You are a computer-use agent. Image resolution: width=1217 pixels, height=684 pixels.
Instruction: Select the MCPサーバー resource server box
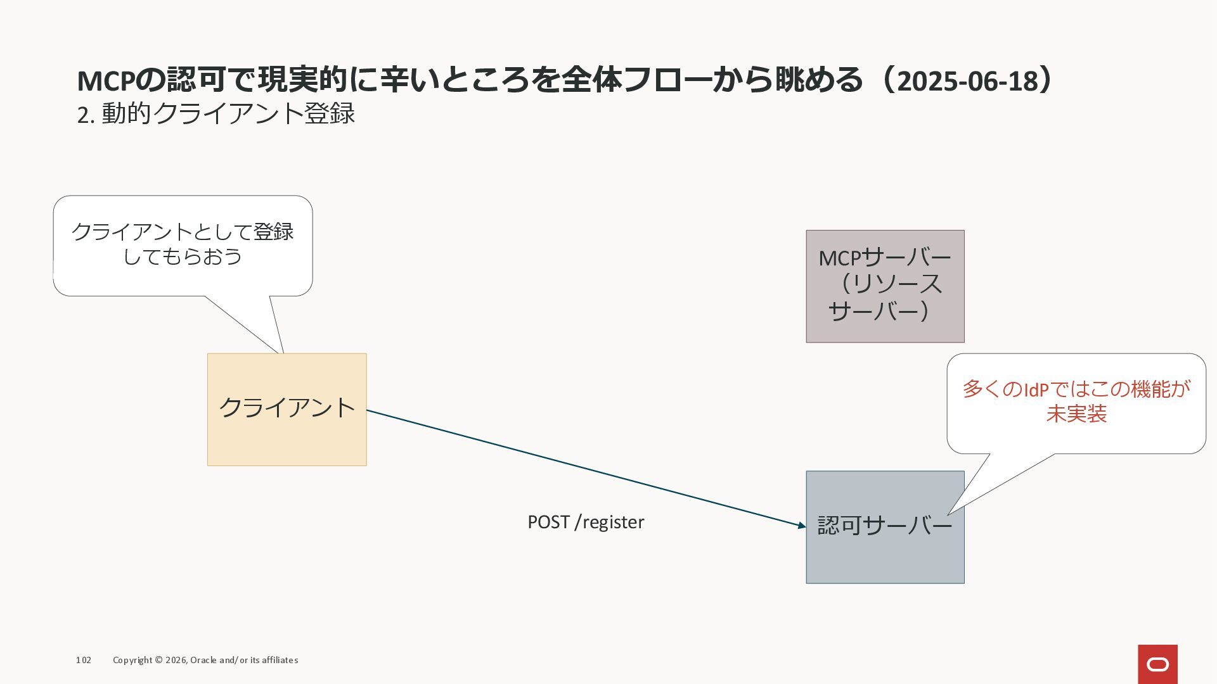885,286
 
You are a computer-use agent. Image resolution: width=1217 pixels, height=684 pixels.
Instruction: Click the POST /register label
586,522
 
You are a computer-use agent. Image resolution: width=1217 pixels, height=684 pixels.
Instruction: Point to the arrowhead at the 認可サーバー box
802,525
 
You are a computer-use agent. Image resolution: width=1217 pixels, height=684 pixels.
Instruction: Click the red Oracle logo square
1157,664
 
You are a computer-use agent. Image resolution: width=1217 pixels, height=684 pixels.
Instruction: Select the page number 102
84,660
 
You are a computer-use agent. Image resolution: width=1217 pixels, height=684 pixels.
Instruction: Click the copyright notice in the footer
205,660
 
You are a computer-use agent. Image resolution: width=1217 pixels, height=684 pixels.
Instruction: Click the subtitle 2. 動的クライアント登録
216,114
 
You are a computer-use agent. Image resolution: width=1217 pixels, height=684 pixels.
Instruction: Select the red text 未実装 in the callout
1076,414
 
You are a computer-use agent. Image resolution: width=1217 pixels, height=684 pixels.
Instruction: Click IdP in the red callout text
1036,389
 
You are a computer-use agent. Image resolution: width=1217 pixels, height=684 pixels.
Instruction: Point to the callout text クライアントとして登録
183,232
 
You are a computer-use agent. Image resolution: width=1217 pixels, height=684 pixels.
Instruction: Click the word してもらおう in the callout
183,256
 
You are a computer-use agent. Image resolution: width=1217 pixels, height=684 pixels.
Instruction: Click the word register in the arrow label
613,522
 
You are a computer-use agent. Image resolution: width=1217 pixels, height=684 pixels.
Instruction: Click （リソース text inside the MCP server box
890,284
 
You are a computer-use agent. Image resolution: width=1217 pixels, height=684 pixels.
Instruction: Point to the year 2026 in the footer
176,660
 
